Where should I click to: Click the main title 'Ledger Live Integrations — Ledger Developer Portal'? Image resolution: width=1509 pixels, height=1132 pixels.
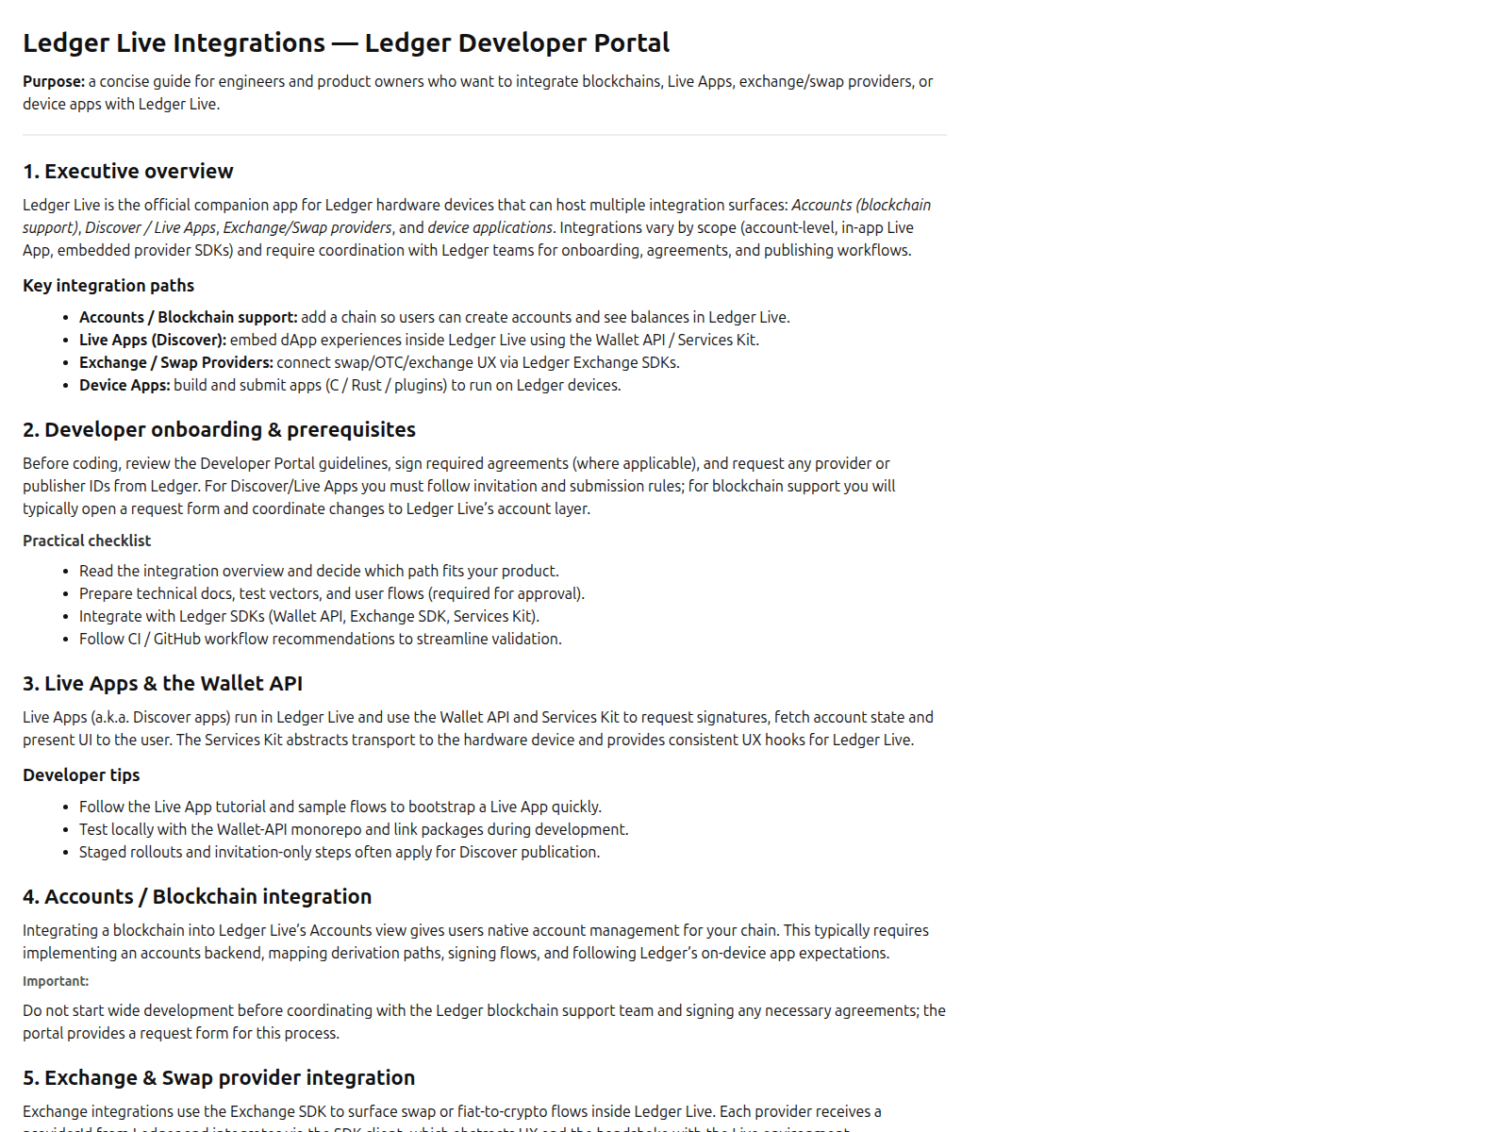coord(346,43)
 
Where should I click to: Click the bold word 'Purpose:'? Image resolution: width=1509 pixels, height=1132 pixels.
coord(54,82)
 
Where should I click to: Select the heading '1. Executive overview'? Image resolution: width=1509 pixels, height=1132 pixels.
coord(128,172)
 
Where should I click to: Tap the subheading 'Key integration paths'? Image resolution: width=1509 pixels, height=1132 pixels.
coord(108,286)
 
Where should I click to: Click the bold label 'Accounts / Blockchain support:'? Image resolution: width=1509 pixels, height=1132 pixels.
coord(188,318)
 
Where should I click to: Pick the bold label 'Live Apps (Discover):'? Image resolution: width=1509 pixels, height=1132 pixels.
coord(153,341)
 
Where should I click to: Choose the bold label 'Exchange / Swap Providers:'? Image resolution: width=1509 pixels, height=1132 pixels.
coord(175,363)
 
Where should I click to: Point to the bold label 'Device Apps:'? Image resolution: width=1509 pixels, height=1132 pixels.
coord(124,386)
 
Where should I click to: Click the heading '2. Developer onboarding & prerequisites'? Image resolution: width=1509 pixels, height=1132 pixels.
coord(219,430)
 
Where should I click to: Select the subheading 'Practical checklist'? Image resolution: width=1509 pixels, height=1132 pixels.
coord(87,541)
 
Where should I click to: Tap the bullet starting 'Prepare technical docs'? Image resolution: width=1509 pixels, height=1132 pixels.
coord(331,594)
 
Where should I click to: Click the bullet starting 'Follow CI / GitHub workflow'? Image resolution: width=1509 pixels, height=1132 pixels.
coord(320,640)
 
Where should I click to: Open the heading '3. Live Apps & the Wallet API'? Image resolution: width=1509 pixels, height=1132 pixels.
coord(162,684)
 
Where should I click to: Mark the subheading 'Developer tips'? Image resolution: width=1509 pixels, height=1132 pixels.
coord(81,775)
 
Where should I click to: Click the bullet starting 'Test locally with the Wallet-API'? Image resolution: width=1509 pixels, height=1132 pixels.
coord(353,830)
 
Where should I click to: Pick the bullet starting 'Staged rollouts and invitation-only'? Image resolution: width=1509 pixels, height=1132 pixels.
coord(339,853)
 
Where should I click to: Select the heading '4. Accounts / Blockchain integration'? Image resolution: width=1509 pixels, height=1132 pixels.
coord(197,897)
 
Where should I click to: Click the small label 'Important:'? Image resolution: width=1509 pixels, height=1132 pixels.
coord(56,982)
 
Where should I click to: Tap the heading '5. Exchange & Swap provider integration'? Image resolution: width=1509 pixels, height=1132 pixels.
coord(219,1078)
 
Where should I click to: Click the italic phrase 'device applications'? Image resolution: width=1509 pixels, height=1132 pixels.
coord(489,228)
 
